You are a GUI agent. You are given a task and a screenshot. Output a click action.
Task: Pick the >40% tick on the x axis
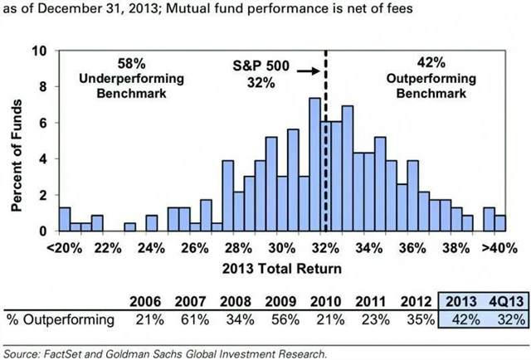[x=494, y=248]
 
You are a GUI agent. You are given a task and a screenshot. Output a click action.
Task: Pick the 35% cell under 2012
[x=416, y=319]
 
